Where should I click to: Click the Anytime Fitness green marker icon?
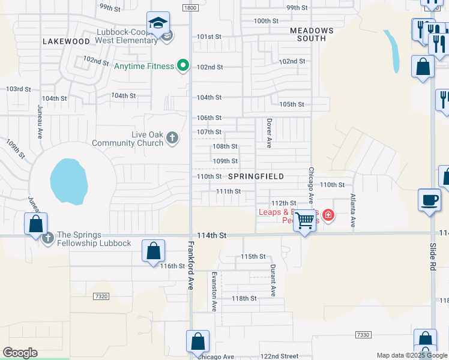(x=183, y=66)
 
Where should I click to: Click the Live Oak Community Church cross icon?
(x=172, y=138)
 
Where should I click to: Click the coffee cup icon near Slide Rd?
(x=430, y=200)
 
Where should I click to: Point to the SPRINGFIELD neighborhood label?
(x=255, y=176)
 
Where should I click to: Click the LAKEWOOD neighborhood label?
(x=66, y=41)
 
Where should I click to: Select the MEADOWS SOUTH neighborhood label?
(x=311, y=34)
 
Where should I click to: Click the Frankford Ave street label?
(x=191, y=265)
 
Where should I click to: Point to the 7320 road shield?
(x=102, y=296)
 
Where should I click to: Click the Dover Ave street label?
(x=269, y=133)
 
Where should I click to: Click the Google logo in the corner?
(x=20, y=353)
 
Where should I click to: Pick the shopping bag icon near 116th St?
(x=153, y=250)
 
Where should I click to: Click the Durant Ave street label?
(x=273, y=280)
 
